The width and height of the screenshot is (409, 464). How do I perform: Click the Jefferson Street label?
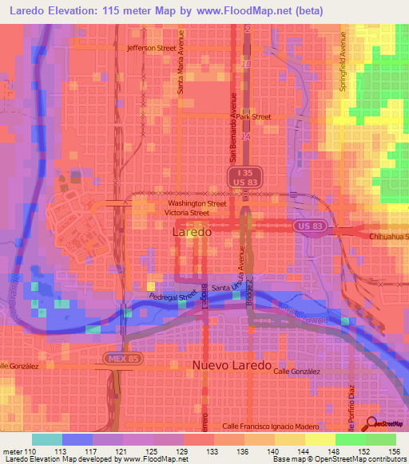(x=151, y=48)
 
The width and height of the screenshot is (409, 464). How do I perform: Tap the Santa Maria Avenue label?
(x=181, y=63)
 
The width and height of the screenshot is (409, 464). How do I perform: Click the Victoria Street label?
(x=187, y=214)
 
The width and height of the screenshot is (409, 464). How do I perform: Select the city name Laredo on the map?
(x=193, y=233)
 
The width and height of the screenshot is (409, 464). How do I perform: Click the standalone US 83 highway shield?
(x=313, y=227)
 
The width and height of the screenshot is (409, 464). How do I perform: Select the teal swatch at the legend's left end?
(x=47, y=439)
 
